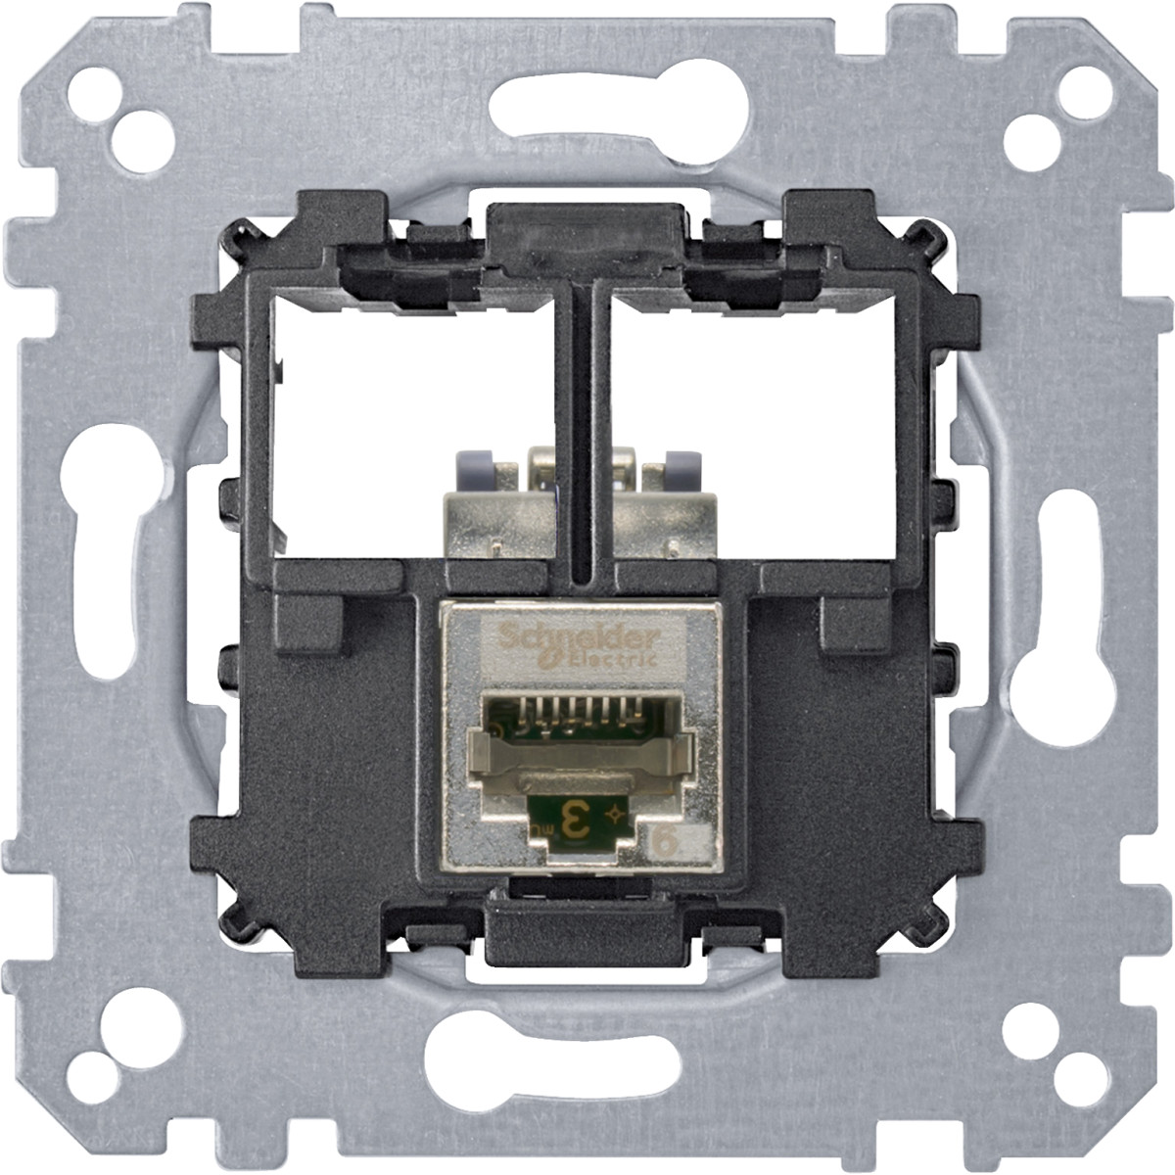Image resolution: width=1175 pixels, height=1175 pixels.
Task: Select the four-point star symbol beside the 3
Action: [614, 814]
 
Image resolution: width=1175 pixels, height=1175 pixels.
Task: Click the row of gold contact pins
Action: [578, 713]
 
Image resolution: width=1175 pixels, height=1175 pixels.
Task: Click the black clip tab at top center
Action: [585, 234]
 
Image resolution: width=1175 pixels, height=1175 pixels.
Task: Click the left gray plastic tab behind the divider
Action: [473, 469]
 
